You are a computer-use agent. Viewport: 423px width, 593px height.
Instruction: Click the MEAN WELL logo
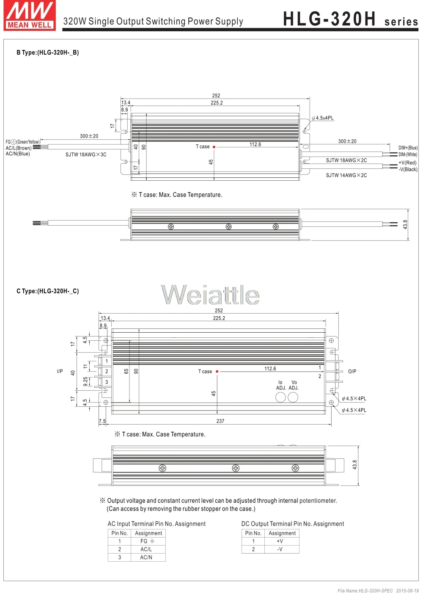[x=30, y=15]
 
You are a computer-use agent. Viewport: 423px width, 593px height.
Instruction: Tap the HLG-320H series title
[x=351, y=19]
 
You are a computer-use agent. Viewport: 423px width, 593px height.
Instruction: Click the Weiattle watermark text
[x=210, y=294]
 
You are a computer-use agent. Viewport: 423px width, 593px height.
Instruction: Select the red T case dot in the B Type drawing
[x=214, y=147]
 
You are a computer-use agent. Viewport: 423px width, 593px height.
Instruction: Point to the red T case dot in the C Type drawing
[x=217, y=372]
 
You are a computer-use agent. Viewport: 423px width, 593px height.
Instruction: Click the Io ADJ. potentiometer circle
[x=280, y=397]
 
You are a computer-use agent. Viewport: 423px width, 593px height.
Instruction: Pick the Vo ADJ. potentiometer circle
[x=293, y=397]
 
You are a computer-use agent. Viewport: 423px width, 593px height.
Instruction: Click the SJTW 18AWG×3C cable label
[x=86, y=154]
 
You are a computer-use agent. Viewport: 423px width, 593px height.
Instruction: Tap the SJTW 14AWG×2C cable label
[x=346, y=175]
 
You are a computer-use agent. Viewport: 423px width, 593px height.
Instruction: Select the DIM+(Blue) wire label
[x=408, y=148]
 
